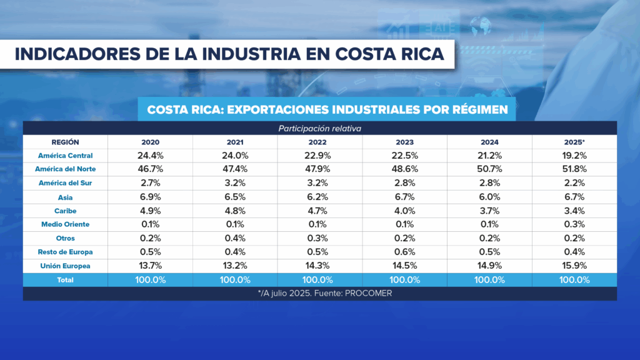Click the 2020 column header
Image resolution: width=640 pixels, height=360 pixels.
tap(150, 142)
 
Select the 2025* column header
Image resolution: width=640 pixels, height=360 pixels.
tap(574, 142)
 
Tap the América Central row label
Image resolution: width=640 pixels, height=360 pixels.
tap(66, 156)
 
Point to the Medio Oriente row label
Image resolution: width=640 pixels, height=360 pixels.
tap(66, 224)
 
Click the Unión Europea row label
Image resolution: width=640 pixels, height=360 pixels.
tap(66, 266)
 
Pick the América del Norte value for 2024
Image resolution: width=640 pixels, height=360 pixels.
tap(489, 169)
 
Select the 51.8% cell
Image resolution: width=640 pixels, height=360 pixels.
tap(574, 169)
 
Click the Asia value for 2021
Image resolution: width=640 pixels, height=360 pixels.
tap(235, 197)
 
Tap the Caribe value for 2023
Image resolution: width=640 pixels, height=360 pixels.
tap(404, 211)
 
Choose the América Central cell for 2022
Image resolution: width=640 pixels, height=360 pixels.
tap(319, 156)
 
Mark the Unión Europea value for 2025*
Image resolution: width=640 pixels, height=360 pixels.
tap(574, 266)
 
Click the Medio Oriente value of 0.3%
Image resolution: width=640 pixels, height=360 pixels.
tap(574, 224)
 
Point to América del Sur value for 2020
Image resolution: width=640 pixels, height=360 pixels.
tap(150, 183)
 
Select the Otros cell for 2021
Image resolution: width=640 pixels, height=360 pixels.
tap(235, 238)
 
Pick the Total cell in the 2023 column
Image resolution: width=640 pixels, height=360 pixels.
tap(404, 280)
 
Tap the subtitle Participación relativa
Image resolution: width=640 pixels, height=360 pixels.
tap(320, 128)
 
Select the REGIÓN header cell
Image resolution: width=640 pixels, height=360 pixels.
tap(66, 142)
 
